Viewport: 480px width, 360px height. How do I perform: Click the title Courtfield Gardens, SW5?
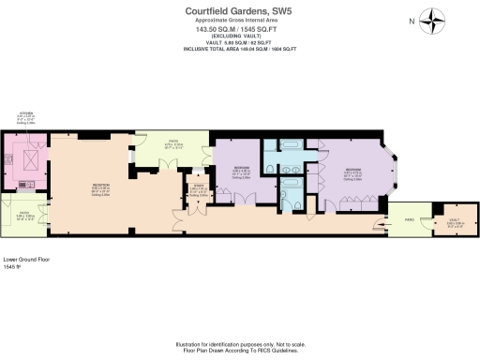[239, 10]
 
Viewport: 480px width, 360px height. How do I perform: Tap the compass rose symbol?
[431, 21]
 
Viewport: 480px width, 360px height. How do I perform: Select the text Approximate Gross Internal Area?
[239, 20]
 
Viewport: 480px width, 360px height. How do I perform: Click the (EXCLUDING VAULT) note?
[239, 35]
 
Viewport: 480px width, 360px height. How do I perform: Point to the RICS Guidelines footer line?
[239, 350]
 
